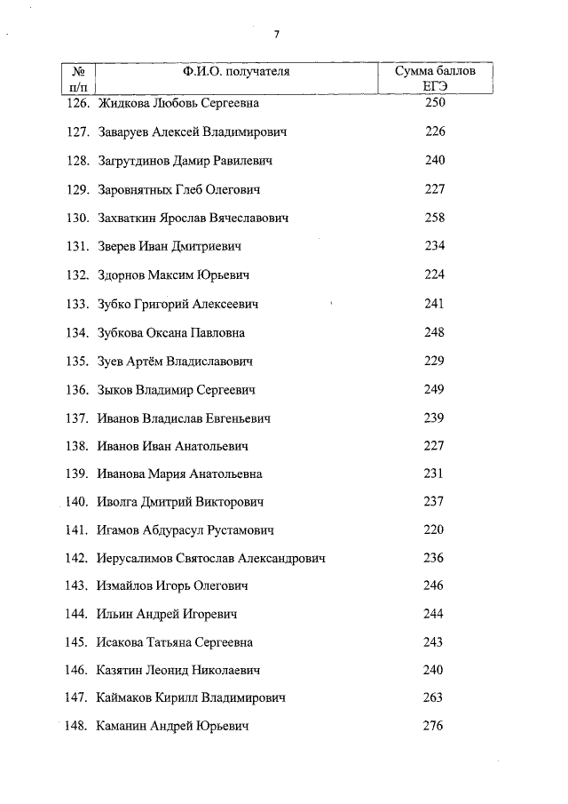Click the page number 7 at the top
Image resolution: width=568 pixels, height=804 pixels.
pyautogui.click(x=277, y=35)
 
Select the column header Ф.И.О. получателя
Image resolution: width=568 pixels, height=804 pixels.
pyautogui.click(x=237, y=71)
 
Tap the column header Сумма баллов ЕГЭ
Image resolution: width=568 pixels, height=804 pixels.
pyautogui.click(x=434, y=78)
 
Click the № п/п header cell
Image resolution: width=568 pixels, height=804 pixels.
pyautogui.click(x=78, y=78)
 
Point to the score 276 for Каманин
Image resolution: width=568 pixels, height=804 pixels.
pyautogui.click(x=433, y=727)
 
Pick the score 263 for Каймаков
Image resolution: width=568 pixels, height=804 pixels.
pyautogui.click(x=433, y=698)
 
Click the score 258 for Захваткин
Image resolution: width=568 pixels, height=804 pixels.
pyautogui.click(x=434, y=218)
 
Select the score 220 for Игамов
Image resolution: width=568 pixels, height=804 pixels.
pyautogui.click(x=433, y=530)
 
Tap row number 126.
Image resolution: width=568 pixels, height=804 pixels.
pyautogui.click(x=79, y=104)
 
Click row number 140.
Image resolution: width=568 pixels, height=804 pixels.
pyautogui.click(x=78, y=503)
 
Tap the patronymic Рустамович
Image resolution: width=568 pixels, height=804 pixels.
pyautogui.click(x=241, y=531)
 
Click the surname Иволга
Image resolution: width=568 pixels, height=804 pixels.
pyautogui.click(x=117, y=503)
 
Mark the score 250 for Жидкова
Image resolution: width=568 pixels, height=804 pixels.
pyautogui.click(x=434, y=103)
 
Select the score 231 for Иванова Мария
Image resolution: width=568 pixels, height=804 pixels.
pyautogui.click(x=433, y=474)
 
